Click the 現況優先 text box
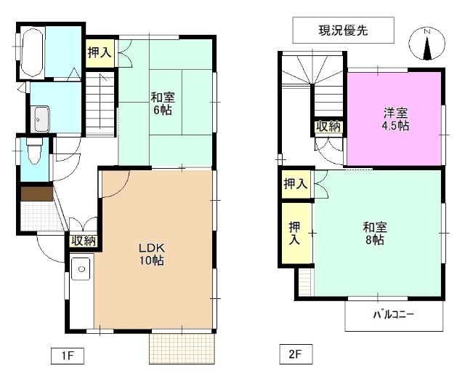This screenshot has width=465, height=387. point(343,31)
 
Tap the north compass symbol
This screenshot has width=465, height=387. point(426,44)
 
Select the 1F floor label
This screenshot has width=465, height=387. point(68,356)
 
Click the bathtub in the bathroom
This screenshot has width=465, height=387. point(33,53)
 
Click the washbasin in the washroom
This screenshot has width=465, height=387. point(41,119)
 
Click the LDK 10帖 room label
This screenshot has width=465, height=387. point(152,254)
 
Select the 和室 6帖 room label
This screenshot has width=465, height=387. point(162,103)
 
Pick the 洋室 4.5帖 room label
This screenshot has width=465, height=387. point(396,119)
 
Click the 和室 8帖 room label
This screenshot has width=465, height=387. point(373,234)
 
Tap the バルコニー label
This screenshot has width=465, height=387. point(393,315)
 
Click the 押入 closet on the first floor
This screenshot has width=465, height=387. point(100,53)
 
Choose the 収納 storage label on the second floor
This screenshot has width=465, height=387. point(328,127)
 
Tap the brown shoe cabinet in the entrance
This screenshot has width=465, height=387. point(36,194)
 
